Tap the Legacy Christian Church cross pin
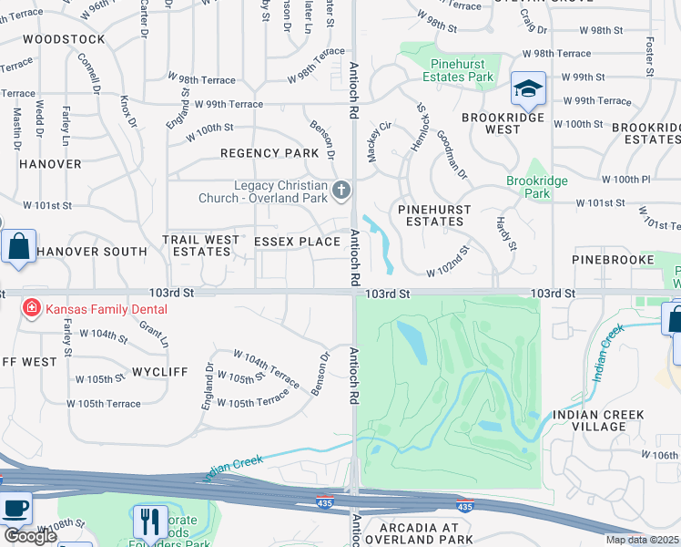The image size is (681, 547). (x=341, y=191)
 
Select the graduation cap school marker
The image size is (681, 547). (x=527, y=89)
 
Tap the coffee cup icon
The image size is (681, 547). (x=15, y=508)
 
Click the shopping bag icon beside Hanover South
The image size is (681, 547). (x=18, y=247)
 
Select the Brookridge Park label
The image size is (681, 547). (x=537, y=187)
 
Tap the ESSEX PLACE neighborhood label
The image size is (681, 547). (x=296, y=242)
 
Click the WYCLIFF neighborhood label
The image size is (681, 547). (x=159, y=373)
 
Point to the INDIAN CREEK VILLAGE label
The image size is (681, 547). (x=598, y=421)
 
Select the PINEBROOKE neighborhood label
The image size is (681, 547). (x=613, y=260)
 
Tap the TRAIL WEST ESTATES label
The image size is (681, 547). (x=200, y=245)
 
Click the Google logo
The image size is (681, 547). (x=30, y=536)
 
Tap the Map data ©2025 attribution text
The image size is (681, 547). (x=642, y=540)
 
